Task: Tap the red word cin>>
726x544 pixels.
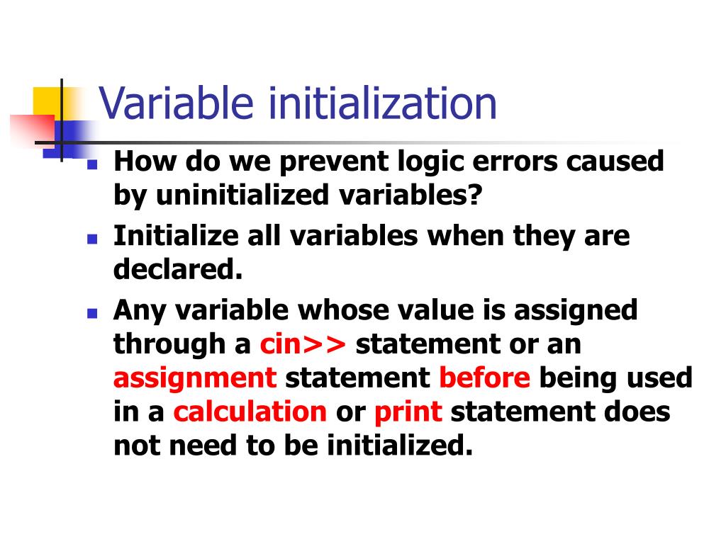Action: [x=303, y=344]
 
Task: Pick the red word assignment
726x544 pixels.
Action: [x=194, y=378]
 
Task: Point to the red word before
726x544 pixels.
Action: [x=484, y=378]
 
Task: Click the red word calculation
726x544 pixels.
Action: [x=250, y=412]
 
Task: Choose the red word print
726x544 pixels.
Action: [x=408, y=412]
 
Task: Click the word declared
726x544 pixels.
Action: [x=178, y=269]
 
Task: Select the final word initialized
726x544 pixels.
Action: [x=399, y=446]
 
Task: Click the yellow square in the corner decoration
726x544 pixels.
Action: [x=47, y=99]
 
